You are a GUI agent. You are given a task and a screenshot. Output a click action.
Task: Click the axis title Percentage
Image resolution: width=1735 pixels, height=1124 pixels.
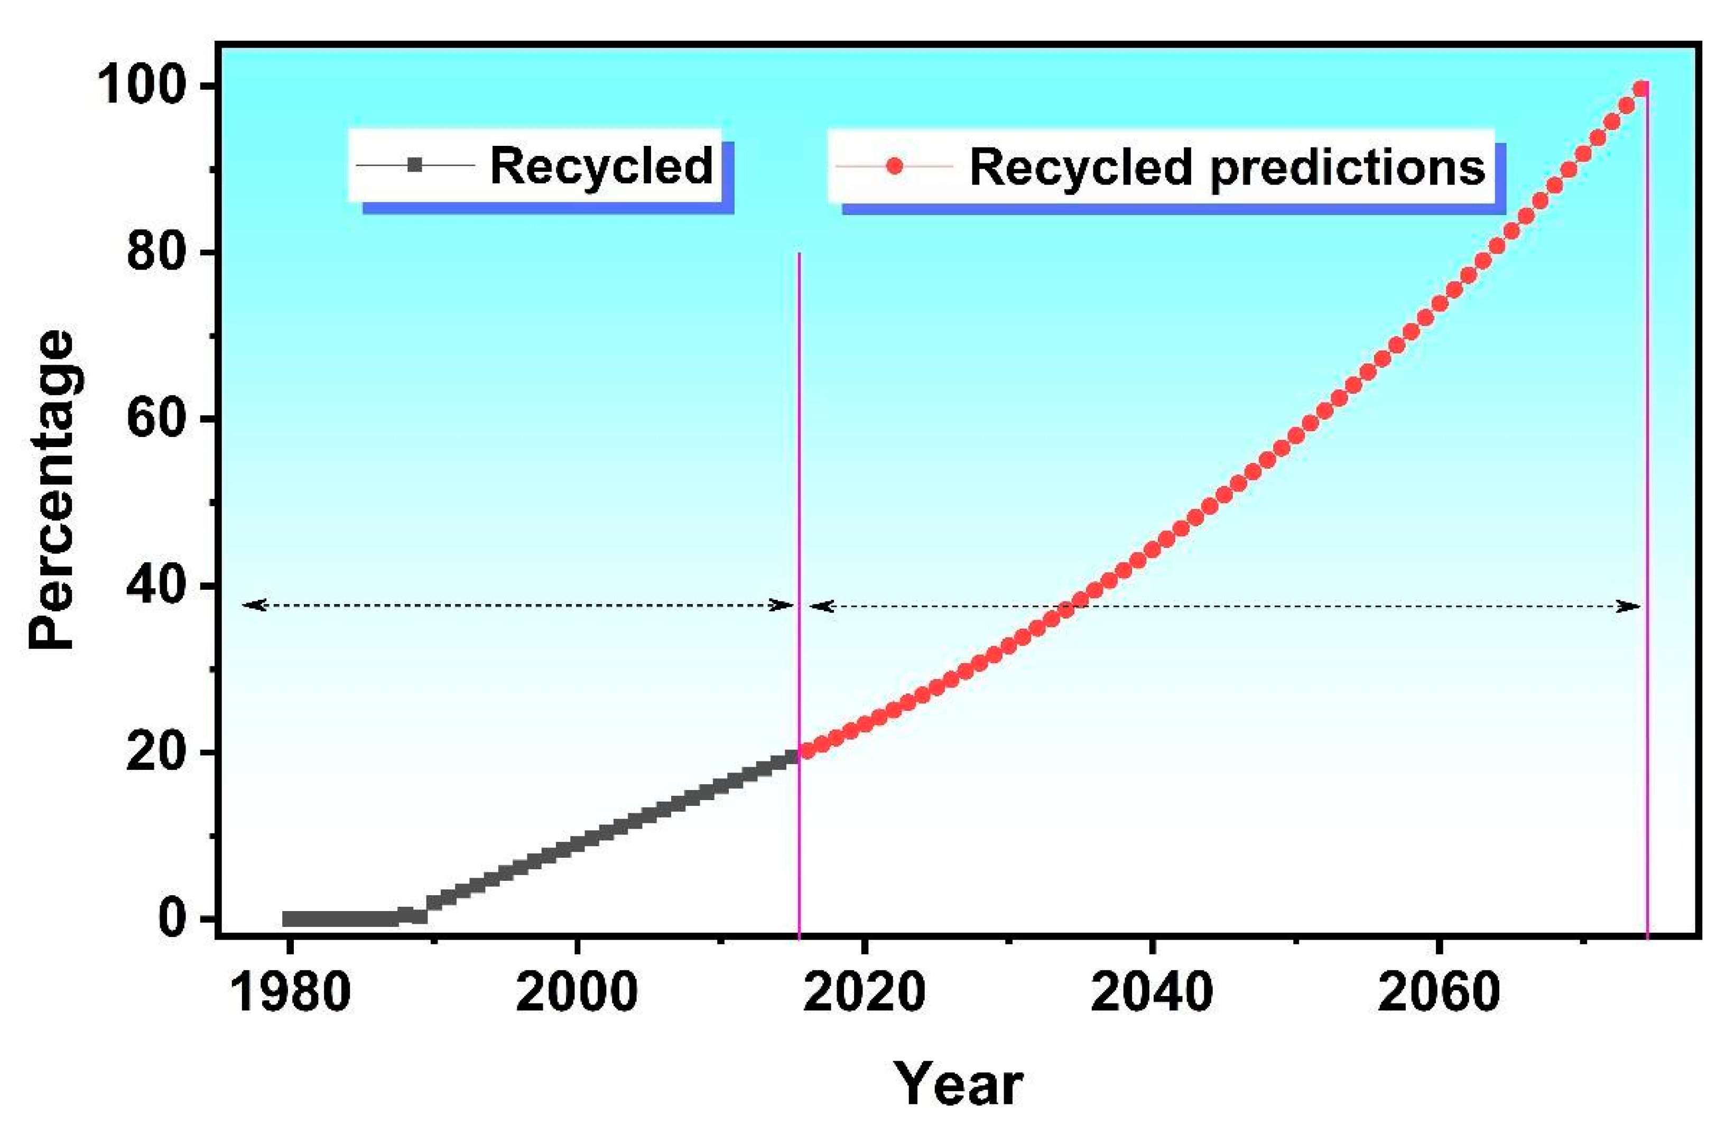(x=52, y=490)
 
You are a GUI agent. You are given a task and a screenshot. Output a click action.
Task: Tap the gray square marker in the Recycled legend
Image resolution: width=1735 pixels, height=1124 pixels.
(x=415, y=166)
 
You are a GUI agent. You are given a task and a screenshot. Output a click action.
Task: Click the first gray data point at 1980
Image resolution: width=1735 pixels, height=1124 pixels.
(x=290, y=918)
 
